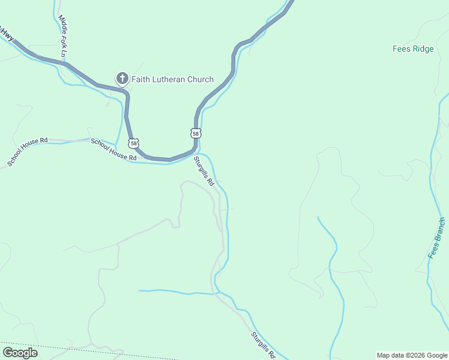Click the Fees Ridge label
coord(413,49)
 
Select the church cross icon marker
coord(122,78)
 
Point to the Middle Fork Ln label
coord(62,37)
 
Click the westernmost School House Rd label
coord(28,152)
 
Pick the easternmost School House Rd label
coord(113,149)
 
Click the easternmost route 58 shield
coord(196,133)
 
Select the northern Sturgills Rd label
coord(203,171)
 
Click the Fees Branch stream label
coord(437,238)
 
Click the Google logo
coord(20,353)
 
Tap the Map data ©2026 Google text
coord(412,355)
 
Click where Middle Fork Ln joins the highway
coord(64,60)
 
